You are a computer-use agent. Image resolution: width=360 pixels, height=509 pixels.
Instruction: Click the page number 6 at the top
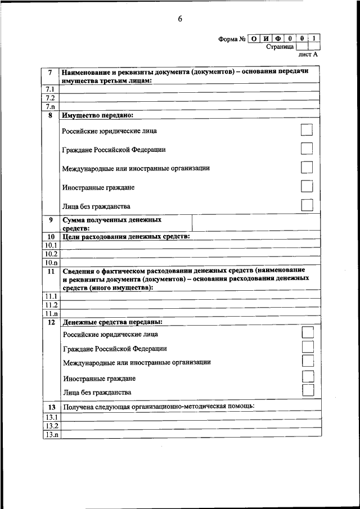click(180, 19)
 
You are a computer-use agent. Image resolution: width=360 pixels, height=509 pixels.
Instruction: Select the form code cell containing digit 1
click(316, 39)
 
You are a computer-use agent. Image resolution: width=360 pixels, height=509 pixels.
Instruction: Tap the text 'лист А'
click(308, 55)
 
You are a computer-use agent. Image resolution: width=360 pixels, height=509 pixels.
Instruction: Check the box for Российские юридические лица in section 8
click(307, 130)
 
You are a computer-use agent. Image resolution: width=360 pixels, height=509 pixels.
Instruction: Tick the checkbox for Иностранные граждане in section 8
click(307, 186)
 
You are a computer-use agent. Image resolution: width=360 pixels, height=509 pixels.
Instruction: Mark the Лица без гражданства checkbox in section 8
click(307, 205)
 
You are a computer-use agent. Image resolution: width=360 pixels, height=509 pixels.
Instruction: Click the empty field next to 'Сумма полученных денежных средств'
click(256, 223)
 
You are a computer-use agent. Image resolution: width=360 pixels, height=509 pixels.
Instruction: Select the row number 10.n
click(51, 262)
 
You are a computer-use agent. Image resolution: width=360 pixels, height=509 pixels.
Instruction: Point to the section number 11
click(51, 271)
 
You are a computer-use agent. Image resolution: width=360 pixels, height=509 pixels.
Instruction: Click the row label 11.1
click(51, 296)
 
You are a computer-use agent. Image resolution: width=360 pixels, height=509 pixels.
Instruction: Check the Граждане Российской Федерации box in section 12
click(308, 347)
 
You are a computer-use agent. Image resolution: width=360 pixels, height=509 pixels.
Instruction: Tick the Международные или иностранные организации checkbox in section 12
click(308, 361)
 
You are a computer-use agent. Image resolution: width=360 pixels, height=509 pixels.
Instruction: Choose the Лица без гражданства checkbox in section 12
click(308, 391)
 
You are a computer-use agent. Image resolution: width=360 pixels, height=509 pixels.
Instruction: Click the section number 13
click(51, 407)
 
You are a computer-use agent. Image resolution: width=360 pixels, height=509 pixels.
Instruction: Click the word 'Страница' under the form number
click(280, 47)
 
